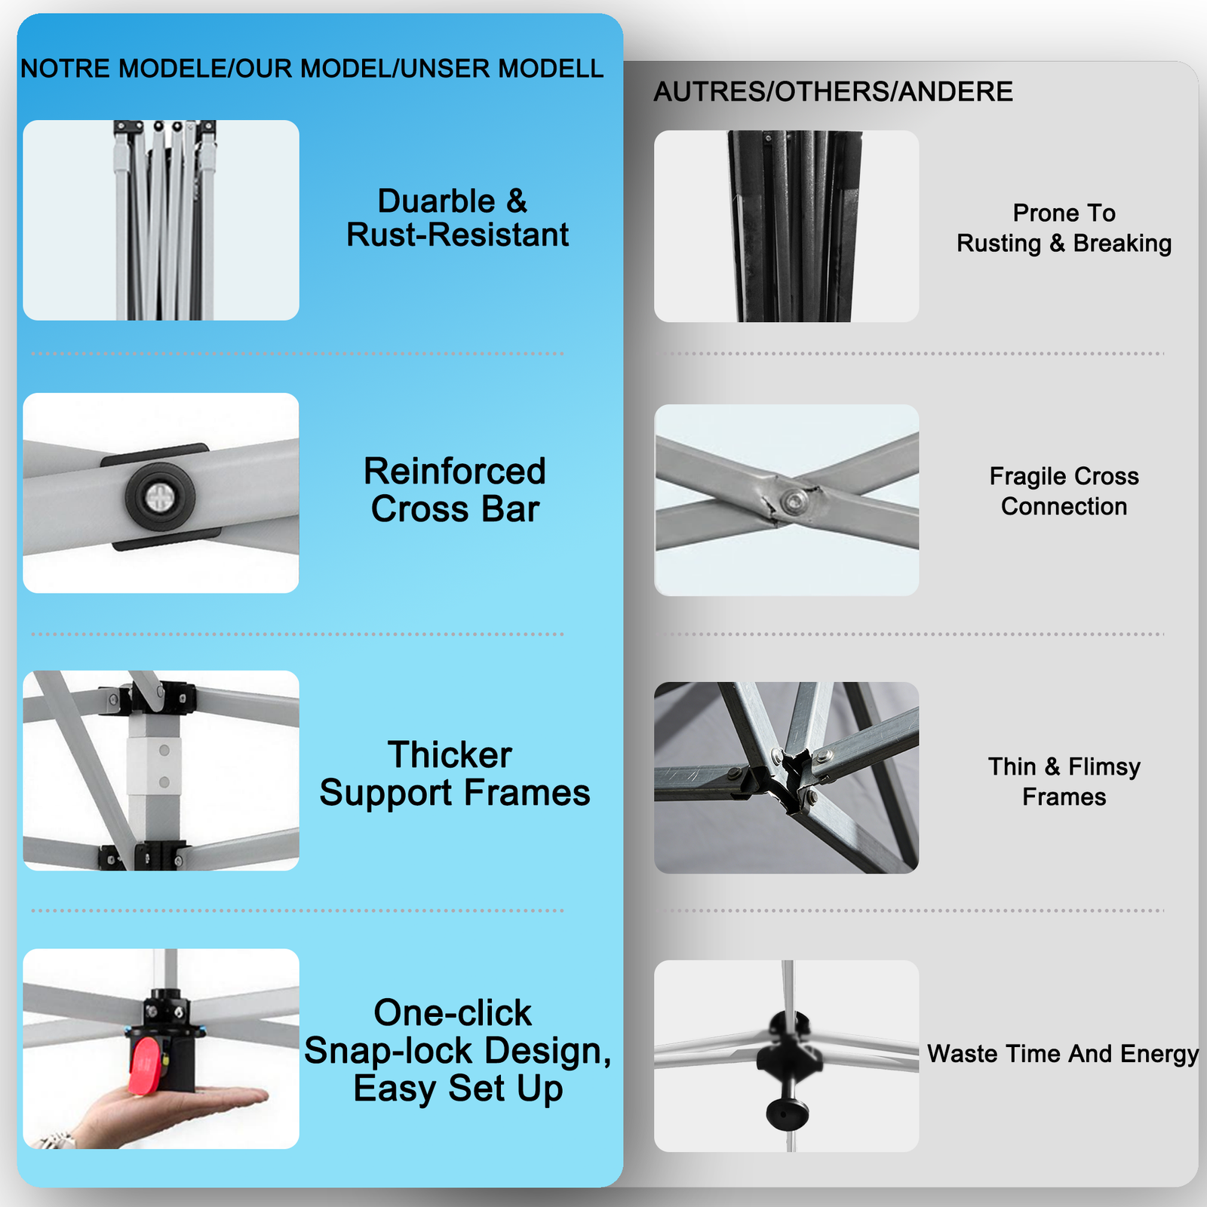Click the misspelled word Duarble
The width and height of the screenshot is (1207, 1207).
pyautogui.click(x=437, y=201)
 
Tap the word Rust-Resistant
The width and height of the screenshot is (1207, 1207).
pyautogui.click(x=457, y=235)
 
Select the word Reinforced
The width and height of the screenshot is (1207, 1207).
pyautogui.click(x=455, y=471)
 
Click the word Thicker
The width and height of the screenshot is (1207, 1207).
pyautogui.click(x=450, y=754)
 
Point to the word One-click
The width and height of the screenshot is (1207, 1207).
pyautogui.click(x=453, y=1012)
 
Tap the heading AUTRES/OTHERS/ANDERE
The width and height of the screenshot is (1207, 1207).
pyautogui.click(x=833, y=91)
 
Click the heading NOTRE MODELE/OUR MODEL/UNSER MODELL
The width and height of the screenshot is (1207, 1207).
pyautogui.click(x=312, y=69)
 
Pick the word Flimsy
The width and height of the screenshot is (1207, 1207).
pyautogui.click(x=1104, y=767)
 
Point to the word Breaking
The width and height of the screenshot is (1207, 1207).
pyautogui.click(x=1122, y=244)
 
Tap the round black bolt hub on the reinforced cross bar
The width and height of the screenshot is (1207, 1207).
pyautogui.click(x=160, y=496)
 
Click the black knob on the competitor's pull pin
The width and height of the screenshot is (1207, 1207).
pyautogui.click(x=788, y=1111)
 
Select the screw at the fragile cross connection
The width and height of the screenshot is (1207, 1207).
pyautogui.click(x=794, y=499)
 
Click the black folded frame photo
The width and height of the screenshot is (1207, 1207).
pyautogui.click(x=786, y=226)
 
